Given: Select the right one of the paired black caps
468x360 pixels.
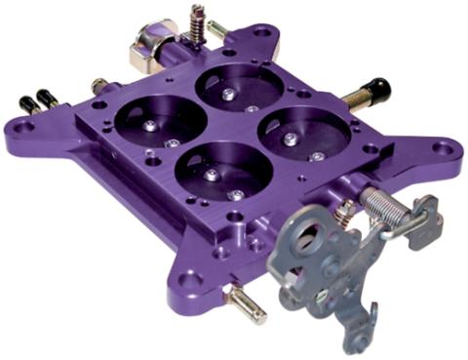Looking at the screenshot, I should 43,97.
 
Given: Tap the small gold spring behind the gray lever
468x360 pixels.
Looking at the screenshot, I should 344,210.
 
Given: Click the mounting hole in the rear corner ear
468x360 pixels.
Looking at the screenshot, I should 262,33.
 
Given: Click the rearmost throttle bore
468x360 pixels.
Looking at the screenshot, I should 239,87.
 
